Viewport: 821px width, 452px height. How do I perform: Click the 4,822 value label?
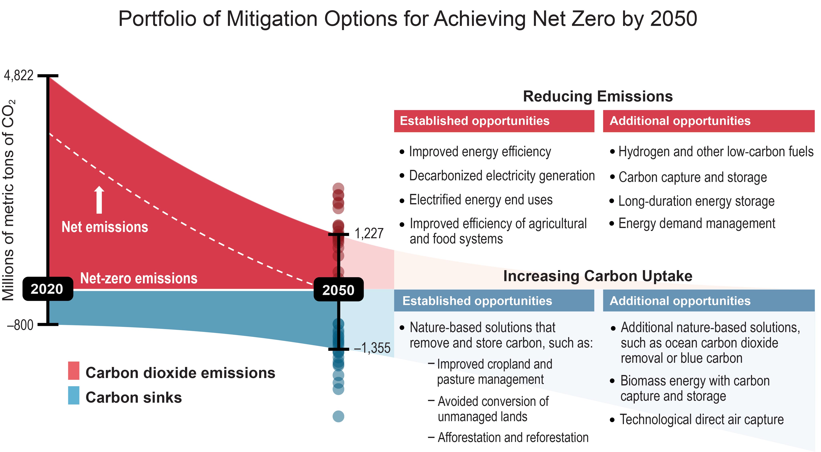tap(18, 76)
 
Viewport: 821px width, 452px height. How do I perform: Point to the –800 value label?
tap(20, 325)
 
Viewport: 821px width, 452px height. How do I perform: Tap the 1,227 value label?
tap(369, 233)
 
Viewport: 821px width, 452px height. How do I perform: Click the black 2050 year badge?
tap(338, 290)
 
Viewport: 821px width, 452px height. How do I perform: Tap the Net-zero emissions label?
tap(139, 278)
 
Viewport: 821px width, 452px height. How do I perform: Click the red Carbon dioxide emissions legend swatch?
tap(74, 371)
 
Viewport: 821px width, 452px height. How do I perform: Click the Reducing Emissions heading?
tap(598, 96)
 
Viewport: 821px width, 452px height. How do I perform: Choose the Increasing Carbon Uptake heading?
tap(598, 276)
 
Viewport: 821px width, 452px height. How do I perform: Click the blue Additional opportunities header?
tap(708, 301)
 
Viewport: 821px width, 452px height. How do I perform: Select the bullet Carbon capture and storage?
tap(692, 177)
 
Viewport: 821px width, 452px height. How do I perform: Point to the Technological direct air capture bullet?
tap(701, 420)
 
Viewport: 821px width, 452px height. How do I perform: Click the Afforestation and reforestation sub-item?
tap(512, 437)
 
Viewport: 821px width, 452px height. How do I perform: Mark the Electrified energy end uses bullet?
tap(480, 200)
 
